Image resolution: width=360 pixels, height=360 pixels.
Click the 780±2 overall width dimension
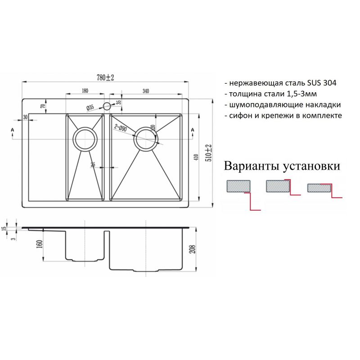pyautogui.click(x=106, y=77)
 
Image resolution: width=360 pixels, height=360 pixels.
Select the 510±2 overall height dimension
pyautogui.click(x=208, y=153)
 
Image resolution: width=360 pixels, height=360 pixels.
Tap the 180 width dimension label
pyautogui.click(x=85, y=91)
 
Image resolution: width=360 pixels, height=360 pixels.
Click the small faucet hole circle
pyautogui.click(x=107, y=107)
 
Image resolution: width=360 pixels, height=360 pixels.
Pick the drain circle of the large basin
pyautogui.click(x=146, y=139)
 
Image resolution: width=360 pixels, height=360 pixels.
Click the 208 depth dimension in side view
pyautogui.click(x=193, y=248)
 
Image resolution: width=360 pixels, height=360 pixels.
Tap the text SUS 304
pyautogui.click(x=322, y=84)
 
